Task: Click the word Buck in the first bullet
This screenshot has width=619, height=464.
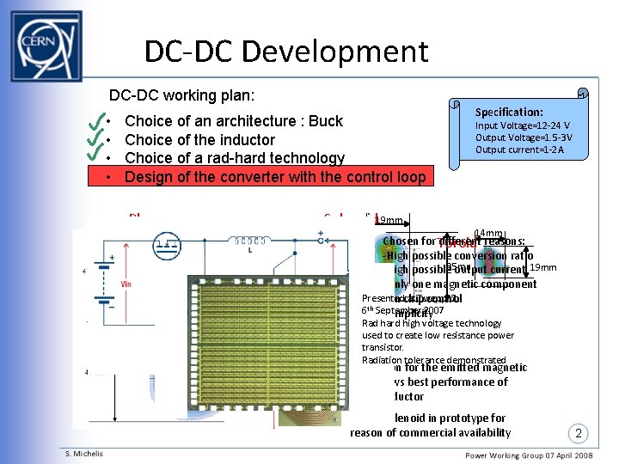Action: (325, 121)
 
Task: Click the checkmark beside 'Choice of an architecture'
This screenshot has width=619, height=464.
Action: (95, 121)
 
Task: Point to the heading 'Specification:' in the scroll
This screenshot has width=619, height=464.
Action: (510, 113)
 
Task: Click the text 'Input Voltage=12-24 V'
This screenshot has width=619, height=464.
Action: (523, 125)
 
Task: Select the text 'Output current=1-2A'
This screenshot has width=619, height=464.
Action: (519, 150)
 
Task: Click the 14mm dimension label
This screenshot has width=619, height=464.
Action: (487, 234)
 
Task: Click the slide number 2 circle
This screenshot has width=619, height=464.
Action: (579, 432)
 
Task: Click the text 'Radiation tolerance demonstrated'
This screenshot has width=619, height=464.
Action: (434, 360)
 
